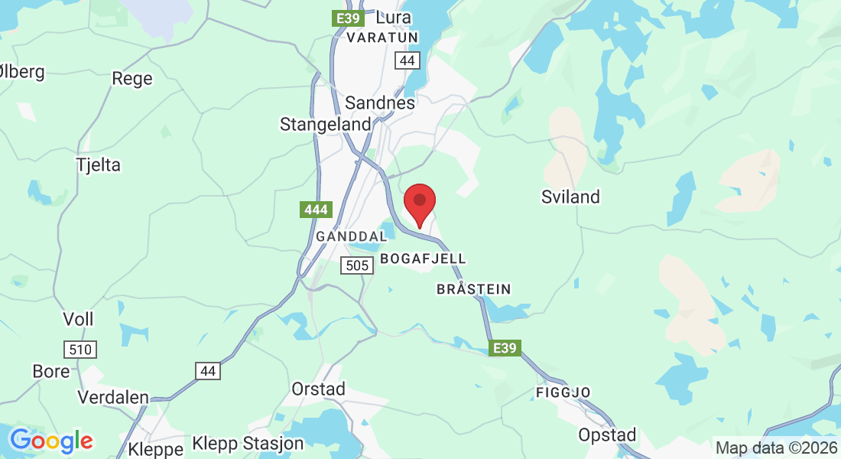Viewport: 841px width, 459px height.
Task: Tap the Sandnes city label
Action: (x=380, y=103)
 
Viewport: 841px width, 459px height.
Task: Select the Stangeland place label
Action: (x=325, y=124)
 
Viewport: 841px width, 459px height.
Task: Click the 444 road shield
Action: (x=315, y=210)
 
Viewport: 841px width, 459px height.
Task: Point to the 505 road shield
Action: (x=357, y=265)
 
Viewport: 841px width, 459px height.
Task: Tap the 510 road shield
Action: (x=80, y=350)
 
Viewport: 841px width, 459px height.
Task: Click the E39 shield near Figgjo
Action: (x=505, y=348)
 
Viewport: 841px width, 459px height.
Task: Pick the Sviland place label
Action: (x=570, y=197)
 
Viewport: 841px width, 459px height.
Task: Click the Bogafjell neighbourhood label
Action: (x=423, y=259)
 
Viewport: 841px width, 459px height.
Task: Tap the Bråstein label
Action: (x=473, y=289)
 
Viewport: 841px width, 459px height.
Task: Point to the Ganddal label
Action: (x=352, y=237)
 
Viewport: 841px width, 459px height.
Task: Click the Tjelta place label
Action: (x=99, y=164)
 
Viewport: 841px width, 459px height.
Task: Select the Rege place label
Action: (x=132, y=78)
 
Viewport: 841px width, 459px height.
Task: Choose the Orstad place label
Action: (x=319, y=389)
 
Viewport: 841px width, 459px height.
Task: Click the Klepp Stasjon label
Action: (x=248, y=443)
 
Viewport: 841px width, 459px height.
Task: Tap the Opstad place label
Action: (x=607, y=435)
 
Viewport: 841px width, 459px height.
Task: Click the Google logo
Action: (x=51, y=441)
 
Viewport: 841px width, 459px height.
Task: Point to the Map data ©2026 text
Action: (x=776, y=448)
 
